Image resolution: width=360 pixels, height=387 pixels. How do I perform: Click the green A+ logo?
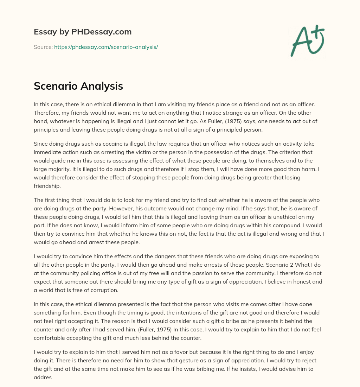tap(307, 41)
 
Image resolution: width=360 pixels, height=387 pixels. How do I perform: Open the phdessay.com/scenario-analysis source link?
tap(106, 47)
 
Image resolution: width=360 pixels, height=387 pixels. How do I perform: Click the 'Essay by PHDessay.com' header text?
tap(83, 32)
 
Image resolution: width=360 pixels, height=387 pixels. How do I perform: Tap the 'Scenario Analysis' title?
tap(78, 86)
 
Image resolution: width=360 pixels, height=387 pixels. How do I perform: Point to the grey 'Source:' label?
tap(43, 47)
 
